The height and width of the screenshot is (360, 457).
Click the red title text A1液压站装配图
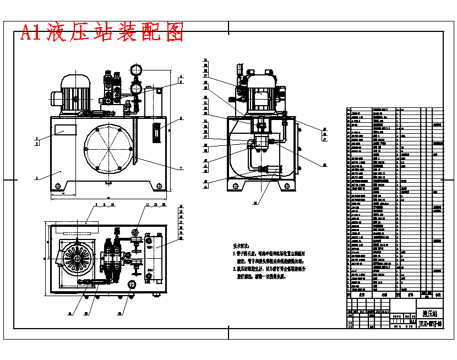[102, 33]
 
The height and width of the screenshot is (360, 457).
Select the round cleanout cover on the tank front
[109, 149]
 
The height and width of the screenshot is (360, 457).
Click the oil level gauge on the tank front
[155, 134]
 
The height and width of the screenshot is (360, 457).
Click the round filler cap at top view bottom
[131, 284]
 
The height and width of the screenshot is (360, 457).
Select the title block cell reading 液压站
[429, 313]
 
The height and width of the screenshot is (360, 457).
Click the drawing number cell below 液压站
[429, 324]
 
